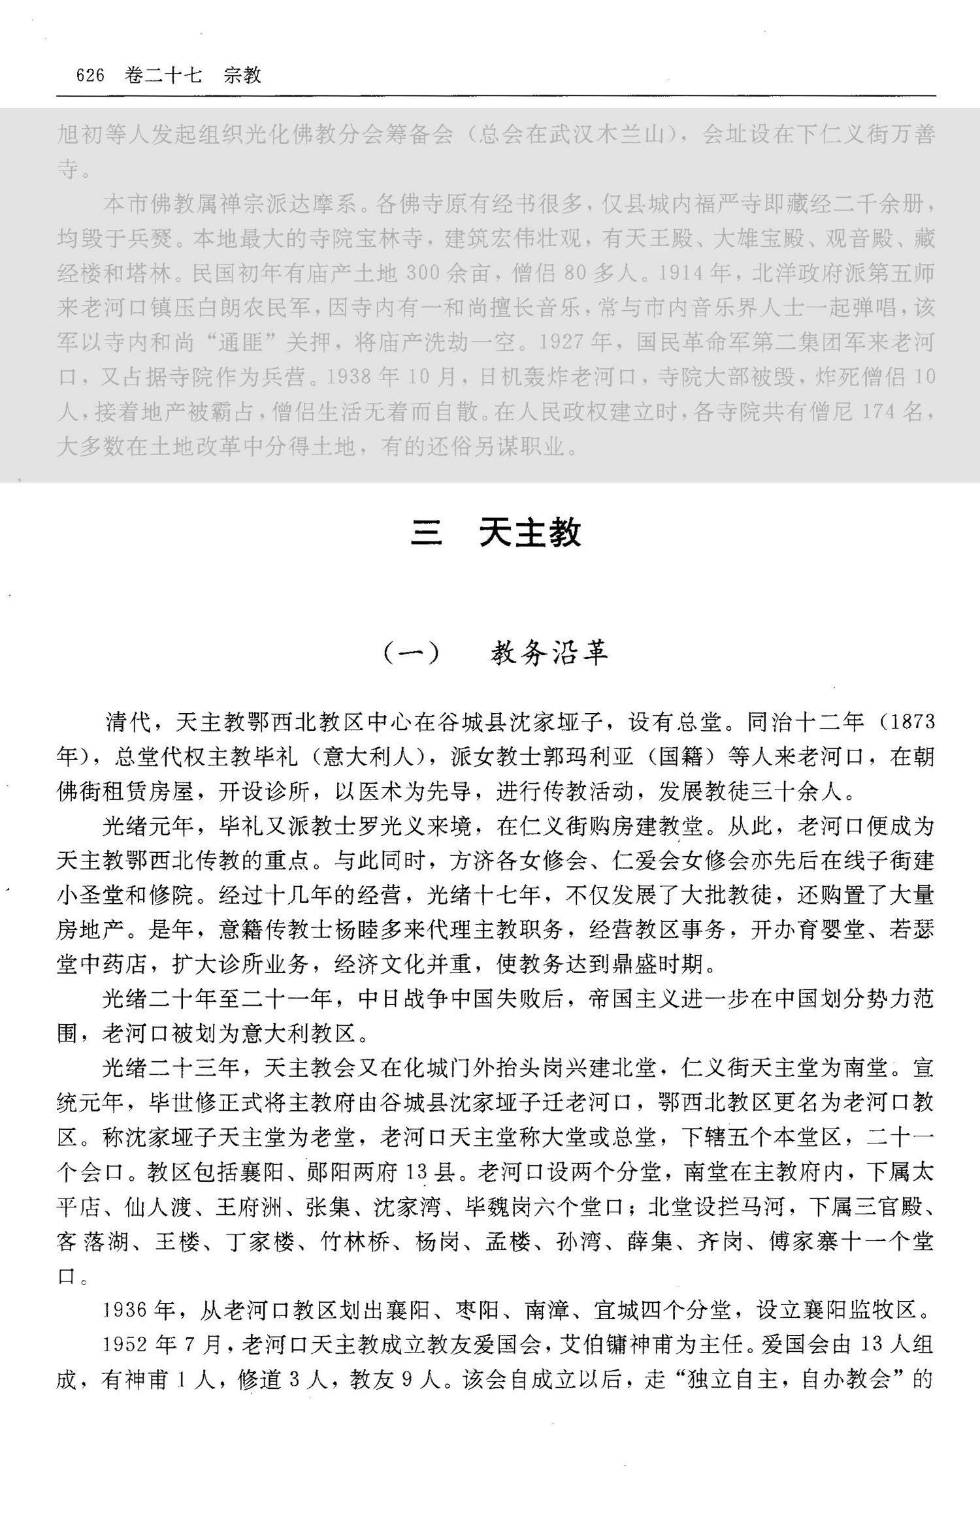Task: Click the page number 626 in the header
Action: [x=90, y=76]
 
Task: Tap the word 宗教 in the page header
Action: [x=242, y=76]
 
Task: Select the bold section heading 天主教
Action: [x=530, y=533]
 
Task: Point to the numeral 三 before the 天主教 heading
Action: [x=426, y=533]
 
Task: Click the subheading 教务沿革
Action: [x=549, y=652]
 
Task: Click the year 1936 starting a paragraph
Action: [x=125, y=1309]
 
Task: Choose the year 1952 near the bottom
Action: [x=125, y=1344]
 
